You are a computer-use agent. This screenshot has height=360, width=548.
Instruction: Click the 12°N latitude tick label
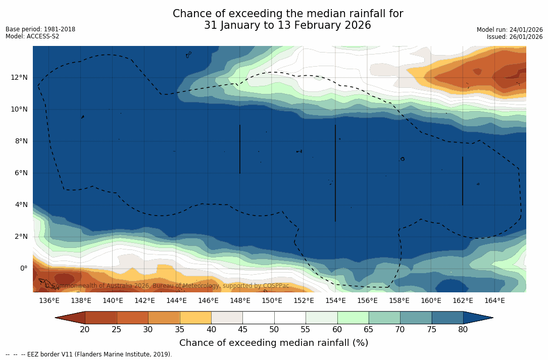click(19, 77)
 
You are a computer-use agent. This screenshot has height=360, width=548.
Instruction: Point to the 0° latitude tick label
click(24, 268)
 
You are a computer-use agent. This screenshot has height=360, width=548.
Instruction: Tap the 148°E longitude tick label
click(240, 301)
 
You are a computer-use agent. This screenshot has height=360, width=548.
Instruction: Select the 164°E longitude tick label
click(494, 301)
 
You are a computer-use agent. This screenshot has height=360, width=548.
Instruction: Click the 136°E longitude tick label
click(49, 301)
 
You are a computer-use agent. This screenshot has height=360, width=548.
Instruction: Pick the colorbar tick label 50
click(274, 330)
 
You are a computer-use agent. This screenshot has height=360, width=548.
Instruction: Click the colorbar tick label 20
click(85, 330)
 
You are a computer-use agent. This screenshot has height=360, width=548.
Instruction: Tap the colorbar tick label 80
click(463, 330)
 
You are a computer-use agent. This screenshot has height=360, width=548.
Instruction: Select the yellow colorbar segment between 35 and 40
click(195, 318)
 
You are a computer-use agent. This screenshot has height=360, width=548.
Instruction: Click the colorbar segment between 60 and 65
click(353, 318)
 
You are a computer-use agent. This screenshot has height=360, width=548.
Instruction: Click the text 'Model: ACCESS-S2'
click(32, 36)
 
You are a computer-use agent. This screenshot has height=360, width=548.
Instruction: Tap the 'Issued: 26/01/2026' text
click(515, 37)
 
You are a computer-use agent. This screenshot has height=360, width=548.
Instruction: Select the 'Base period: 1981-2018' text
click(40, 29)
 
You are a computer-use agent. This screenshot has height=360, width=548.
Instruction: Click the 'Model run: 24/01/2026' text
click(510, 30)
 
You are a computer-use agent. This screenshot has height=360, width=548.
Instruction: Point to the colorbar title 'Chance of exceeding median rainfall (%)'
click(274, 343)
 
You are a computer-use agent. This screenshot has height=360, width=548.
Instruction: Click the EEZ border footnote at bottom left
click(89, 354)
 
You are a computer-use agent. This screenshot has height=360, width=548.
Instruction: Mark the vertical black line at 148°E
click(240, 149)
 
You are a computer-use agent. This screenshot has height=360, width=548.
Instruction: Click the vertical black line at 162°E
click(463, 181)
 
